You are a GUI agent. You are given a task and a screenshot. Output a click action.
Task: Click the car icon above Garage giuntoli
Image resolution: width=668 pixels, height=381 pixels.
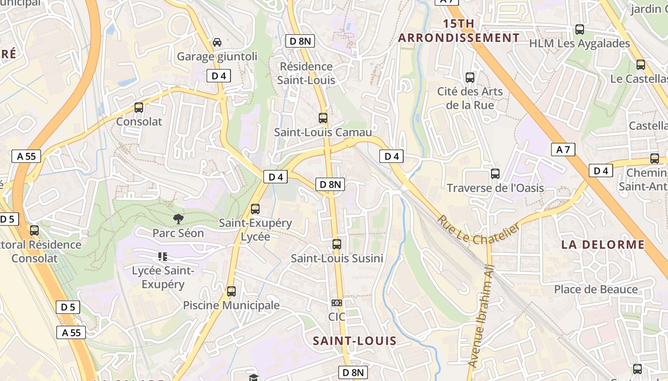pyautogui.click(x=217, y=42)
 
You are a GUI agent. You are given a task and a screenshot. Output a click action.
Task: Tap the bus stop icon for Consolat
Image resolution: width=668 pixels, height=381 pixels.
pyautogui.click(x=139, y=108)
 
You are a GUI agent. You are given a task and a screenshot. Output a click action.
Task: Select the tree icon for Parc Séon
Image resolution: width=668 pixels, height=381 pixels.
pyautogui.click(x=178, y=219)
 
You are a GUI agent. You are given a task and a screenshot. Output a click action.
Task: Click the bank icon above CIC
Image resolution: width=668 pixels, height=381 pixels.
pyautogui.click(x=337, y=303)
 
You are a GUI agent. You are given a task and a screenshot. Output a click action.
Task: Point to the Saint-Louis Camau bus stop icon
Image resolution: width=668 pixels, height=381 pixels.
pyautogui.click(x=323, y=118)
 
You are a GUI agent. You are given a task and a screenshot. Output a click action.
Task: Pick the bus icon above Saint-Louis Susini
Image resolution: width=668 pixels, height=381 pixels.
pyautogui.click(x=337, y=244)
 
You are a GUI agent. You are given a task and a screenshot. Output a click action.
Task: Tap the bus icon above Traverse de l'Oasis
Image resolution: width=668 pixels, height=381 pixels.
pyautogui.click(x=495, y=174)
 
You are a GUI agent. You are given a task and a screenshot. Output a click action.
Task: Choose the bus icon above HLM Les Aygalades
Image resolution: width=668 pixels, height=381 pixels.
pyautogui.click(x=580, y=30)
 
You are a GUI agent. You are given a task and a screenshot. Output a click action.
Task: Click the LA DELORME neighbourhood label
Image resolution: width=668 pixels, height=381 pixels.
pyautogui.click(x=603, y=245)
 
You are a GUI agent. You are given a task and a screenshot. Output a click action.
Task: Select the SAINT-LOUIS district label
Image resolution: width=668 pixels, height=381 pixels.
pyautogui.click(x=355, y=341)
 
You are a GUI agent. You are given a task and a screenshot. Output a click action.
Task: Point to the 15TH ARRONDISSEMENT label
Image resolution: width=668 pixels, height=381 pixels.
pyautogui.click(x=459, y=31)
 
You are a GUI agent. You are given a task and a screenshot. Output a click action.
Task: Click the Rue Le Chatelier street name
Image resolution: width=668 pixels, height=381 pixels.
pyautogui.click(x=478, y=229)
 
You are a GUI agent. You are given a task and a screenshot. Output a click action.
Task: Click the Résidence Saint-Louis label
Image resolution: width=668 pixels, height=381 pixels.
pyautogui.click(x=306, y=73)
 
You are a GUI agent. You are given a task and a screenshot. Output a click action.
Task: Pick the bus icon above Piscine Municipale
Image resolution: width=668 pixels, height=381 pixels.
pyautogui.click(x=231, y=291)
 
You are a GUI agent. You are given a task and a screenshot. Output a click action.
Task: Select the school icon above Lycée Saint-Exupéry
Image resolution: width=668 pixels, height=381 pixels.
pyautogui.click(x=163, y=257)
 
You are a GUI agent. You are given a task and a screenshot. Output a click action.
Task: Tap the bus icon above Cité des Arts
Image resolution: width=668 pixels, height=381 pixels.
pyautogui.click(x=470, y=77)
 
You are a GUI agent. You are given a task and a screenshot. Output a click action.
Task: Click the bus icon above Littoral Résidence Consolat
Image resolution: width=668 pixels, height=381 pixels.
pyautogui.click(x=34, y=231)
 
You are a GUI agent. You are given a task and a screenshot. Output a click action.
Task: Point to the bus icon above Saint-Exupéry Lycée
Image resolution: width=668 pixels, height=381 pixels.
pyautogui.click(x=255, y=209)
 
